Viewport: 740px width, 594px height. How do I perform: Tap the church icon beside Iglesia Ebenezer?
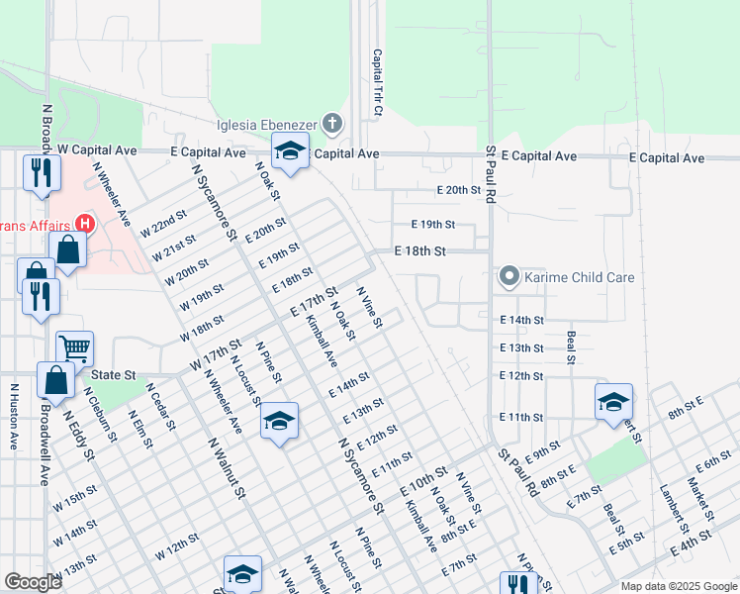pyautogui.click(x=332, y=124)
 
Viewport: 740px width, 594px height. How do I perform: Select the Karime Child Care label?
pyautogui.click(x=579, y=277)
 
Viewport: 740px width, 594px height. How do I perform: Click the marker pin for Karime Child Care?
pyautogui.click(x=509, y=276)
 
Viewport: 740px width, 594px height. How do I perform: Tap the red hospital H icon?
pyautogui.click(x=84, y=224)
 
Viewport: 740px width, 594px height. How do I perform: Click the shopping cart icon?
pyautogui.click(x=74, y=347)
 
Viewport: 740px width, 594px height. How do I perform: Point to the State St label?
pyautogui.click(x=113, y=375)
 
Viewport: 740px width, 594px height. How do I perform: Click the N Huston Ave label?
pyautogui.click(x=14, y=417)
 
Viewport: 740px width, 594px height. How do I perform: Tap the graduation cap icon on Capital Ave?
pyautogui.click(x=290, y=151)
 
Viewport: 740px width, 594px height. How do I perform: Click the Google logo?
pyautogui.click(x=33, y=582)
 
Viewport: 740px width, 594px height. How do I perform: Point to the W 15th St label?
pyautogui.click(x=75, y=498)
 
